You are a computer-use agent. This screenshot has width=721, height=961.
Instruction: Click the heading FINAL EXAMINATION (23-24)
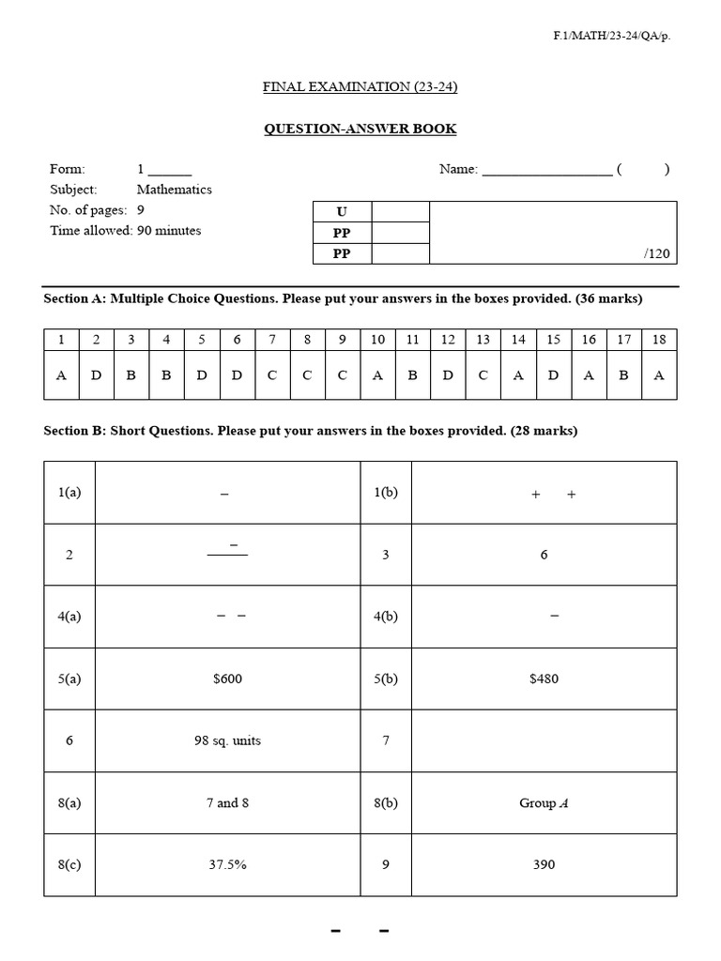pyautogui.click(x=360, y=87)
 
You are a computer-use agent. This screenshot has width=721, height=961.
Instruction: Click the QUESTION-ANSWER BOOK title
pyautogui.click(x=360, y=129)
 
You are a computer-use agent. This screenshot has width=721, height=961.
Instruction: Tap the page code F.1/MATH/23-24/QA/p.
pyautogui.click(x=612, y=36)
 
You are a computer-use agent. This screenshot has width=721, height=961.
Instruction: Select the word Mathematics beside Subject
pyautogui.click(x=175, y=190)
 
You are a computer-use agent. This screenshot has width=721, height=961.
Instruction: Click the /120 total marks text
pyautogui.click(x=657, y=254)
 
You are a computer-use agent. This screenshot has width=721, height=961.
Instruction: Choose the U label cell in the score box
pyautogui.click(x=342, y=212)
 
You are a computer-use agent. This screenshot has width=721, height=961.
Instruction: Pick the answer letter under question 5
pyautogui.click(x=202, y=375)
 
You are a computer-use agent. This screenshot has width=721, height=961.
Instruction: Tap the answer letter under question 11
pyautogui.click(x=412, y=375)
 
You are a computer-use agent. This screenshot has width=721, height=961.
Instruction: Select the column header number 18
pyautogui.click(x=659, y=340)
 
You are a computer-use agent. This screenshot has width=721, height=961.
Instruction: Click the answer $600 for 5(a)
pyautogui.click(x=227, y=679)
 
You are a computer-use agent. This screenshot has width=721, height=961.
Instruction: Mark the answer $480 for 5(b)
pyautogui.click(x=544, y=679)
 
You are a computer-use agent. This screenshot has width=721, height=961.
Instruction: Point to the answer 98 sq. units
pyautogui.click(x=227, y=740)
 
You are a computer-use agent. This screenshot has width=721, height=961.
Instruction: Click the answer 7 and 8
pyautogui.click(x=227, y=803)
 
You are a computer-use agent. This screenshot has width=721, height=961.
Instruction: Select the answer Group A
pyautogui.click(x=544, y=803)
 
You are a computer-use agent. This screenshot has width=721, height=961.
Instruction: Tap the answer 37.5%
pyautogui.click(x=227, y=864)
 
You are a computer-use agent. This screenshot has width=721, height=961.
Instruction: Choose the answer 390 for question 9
pyautogui.click(x=544, y=864)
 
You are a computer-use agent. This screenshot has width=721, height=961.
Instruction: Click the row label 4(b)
pyautogui.click(x=386, y=617)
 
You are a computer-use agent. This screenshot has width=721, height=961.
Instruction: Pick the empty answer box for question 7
pyautogui.click(x=544, y=740)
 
